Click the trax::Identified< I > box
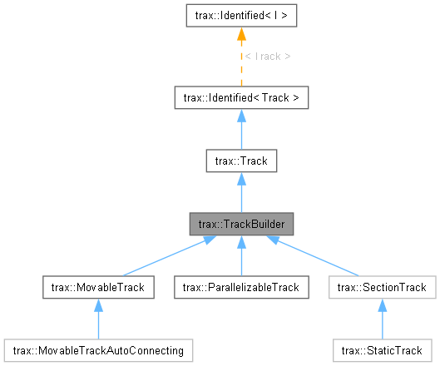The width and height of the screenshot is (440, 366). coord(240,14)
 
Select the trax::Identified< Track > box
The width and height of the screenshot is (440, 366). coord(240,98)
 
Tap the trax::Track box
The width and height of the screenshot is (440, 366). coord(240,161)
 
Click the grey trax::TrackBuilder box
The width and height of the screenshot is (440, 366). coord(240,224)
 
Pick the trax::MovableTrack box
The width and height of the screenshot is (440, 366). coord(98,287)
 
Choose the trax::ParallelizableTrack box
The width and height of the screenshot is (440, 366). coord(240,287)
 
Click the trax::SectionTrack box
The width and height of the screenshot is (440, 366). coord(382,287)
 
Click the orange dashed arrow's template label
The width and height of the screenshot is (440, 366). coord(268,57)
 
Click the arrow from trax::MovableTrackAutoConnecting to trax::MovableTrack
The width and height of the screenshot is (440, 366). coord(98,320)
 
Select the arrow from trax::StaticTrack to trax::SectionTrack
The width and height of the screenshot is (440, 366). coord(382,320)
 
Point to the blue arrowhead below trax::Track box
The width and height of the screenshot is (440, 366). coord(240,180)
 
